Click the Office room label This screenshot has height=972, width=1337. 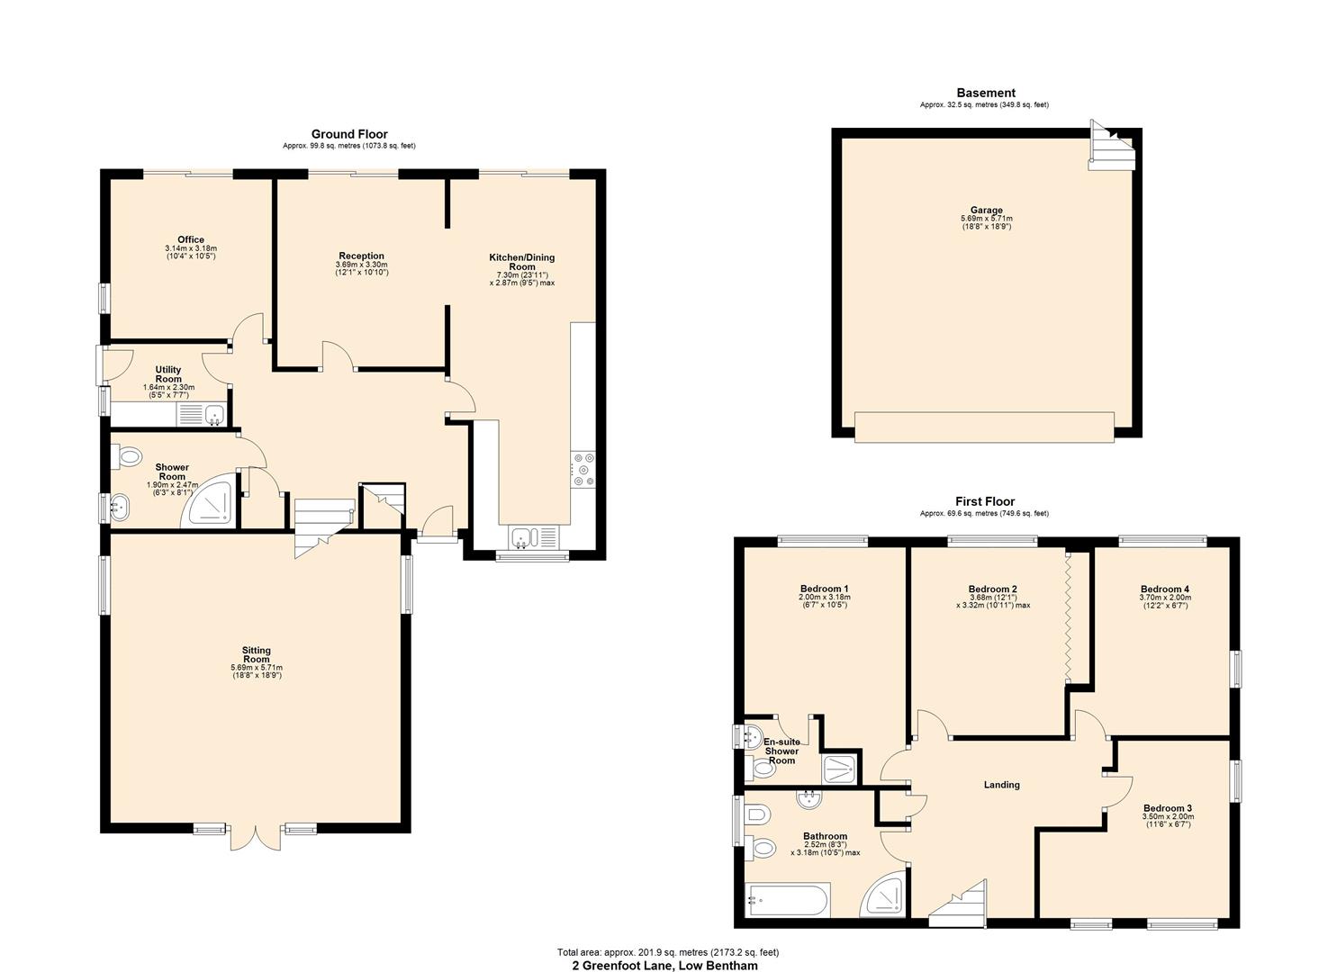click(x=190, y=240)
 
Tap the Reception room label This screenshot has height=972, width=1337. click(x=361, y=256)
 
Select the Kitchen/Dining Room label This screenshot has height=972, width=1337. click(x=521, y=262)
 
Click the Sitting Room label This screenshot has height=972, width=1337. click(x=256, y=655)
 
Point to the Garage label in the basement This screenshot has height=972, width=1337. click(x=986, y=211)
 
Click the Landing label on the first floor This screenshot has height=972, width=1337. click(x=1001, y=785)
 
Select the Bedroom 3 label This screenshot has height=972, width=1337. click(x=1168, y=808)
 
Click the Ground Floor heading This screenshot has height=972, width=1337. click(x=349, y=134)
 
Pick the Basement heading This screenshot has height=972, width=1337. click(x=985, y=93)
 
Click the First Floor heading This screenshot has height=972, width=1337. click(x=985, y=502)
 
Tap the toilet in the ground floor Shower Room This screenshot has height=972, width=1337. click(x=129, y=457)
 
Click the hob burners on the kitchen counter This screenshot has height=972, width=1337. click(x=583, y=469)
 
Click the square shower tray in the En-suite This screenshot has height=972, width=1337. click(x=840, y=769)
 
